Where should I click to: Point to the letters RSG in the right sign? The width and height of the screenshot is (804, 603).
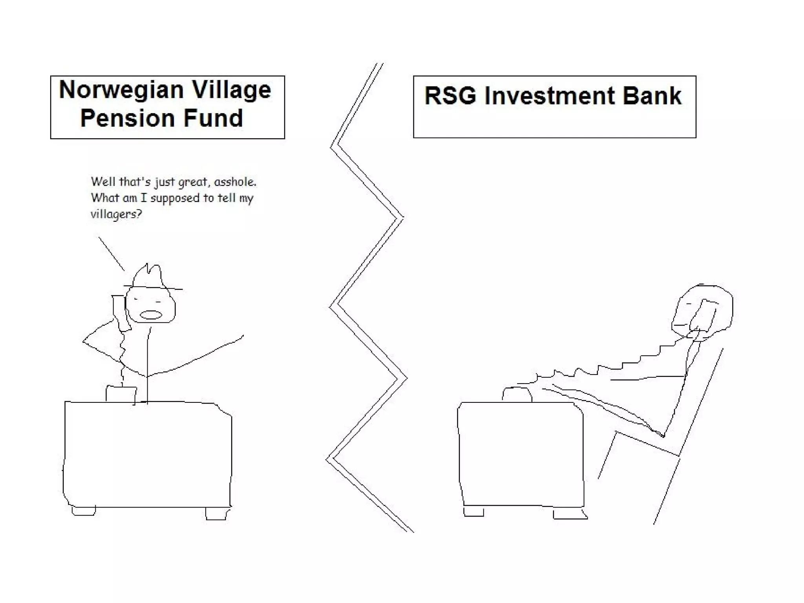450,96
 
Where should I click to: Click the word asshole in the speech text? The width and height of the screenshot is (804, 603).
235,182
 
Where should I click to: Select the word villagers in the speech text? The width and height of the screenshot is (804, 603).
115,214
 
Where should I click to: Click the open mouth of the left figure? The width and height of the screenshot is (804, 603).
151,315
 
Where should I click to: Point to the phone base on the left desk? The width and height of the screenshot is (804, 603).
121,394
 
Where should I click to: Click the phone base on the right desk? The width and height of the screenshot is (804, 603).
517,395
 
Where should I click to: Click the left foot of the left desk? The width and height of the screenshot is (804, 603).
84,511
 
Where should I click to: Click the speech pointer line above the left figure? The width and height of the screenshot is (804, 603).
111,254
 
